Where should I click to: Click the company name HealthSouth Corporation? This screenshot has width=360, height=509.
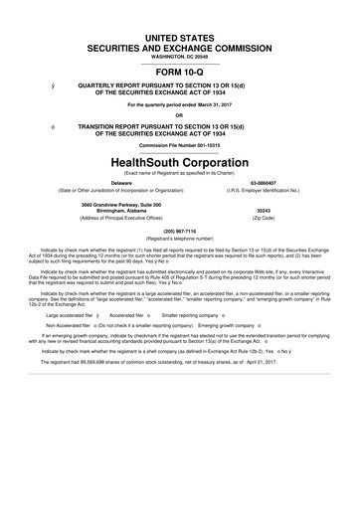pyautogui.click(x=180, y=161)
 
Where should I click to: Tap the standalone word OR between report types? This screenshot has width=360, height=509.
pyautogui.click(x=180, y=112)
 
